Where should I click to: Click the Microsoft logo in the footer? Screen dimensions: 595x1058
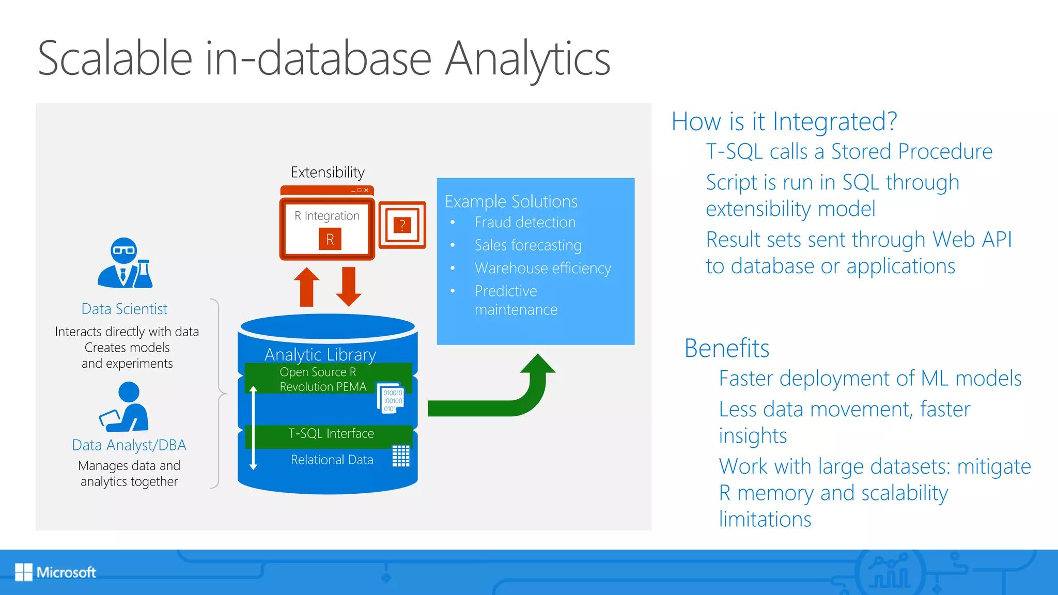[55, 572]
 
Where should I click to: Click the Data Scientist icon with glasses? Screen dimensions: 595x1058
[125, 263]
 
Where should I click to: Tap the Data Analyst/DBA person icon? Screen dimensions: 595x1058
[125, 407]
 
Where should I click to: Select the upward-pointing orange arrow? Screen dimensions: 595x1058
[307, 287]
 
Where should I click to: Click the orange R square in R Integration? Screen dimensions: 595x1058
[330, 239]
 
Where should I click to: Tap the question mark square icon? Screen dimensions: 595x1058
[402, 225]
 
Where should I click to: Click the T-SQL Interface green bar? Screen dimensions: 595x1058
[331, 434]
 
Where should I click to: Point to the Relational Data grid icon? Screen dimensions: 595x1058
[401, 456]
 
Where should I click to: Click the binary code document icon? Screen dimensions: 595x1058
[391, 398]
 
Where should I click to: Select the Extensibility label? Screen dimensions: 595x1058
[328, 172]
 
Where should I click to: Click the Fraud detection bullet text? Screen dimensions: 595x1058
[525, 223]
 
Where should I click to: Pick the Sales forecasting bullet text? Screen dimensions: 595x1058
[528, 245]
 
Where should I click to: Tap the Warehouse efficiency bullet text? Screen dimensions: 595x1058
[542, 268]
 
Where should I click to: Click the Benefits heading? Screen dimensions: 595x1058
[726, 348]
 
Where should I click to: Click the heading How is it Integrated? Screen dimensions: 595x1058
[784, 122]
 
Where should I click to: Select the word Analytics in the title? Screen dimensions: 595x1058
[527, 59]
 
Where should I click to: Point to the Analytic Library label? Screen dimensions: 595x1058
[320, 355]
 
